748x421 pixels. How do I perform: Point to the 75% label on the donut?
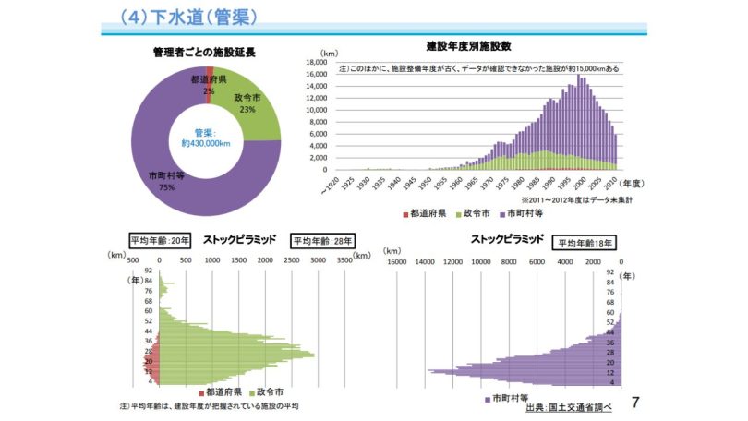point(167,187)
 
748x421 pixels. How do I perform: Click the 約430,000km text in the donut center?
point(205,144)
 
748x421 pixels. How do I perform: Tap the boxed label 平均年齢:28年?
point(318,241)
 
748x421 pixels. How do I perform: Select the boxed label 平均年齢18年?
point(585,243)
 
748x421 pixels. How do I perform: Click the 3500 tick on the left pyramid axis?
point(344,260)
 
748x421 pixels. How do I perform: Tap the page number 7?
point(634,403)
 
